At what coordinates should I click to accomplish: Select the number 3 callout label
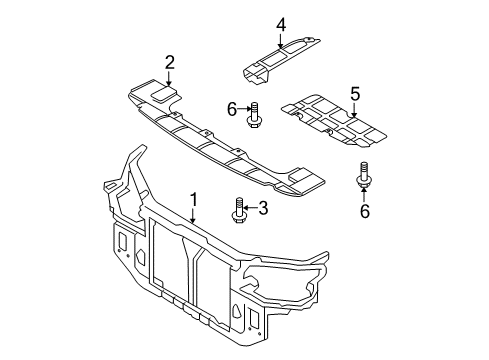[264, 209]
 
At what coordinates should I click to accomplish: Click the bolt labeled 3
[240, 210]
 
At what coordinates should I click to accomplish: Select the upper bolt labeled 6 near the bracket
[254, 115]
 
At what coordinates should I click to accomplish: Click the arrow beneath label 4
[281, 39]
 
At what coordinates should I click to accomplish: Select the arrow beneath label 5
[353, 110]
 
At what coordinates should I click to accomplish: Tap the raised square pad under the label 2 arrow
[162, 92]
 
